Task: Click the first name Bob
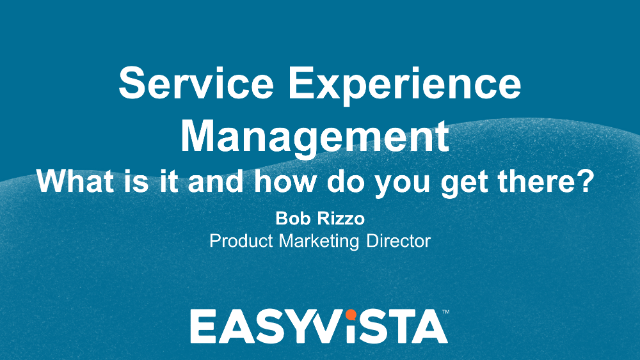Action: pos(291,217)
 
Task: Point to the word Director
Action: pos(398,240)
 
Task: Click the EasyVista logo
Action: pos(319,326)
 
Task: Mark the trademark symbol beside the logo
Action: pos(445,313)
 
